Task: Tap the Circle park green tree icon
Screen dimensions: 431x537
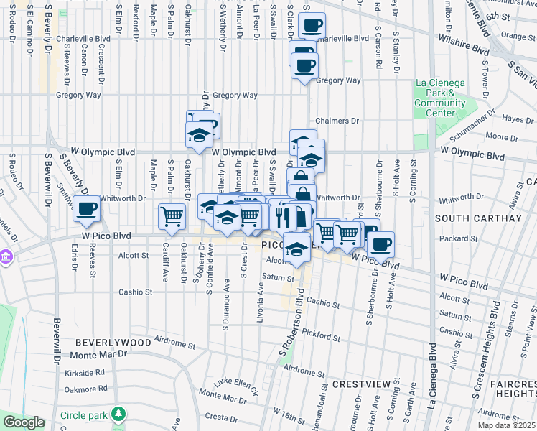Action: pyautogui.click(x=120, y=414)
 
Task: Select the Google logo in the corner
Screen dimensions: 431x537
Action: pyautogui.click(x=24, y=423)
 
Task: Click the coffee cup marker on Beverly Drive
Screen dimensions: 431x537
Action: pyautogui.click(x=86, y=210)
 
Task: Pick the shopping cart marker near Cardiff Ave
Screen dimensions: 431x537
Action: pyautogui.click(x=172, y=215)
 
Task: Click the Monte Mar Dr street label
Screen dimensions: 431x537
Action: pyautogui.click(x=98, y=354)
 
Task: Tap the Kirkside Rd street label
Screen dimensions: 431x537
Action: pyautogui.click(x=85, y=373)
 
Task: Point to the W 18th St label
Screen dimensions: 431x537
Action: pyautogui.click(x=279, y=414)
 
